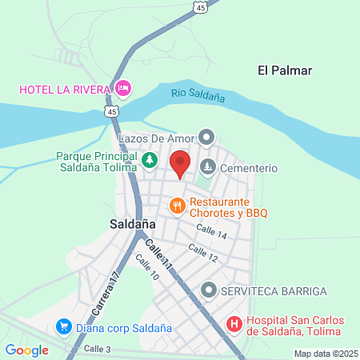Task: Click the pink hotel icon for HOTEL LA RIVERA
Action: [x=122, y=87]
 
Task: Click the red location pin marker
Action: [x=180, y=163]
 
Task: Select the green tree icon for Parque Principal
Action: [x=149, y=162]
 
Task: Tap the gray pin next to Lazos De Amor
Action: [x=207, y=138]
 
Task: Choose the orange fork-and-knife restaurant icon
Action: [x=178, y=207]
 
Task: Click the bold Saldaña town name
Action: [x=132, y=225]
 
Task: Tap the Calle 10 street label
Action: [x=148, y=268]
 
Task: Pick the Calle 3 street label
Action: [x=98, y=349]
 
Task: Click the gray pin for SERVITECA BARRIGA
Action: [x=209, y=289]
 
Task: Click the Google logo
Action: [x=26, y=350]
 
